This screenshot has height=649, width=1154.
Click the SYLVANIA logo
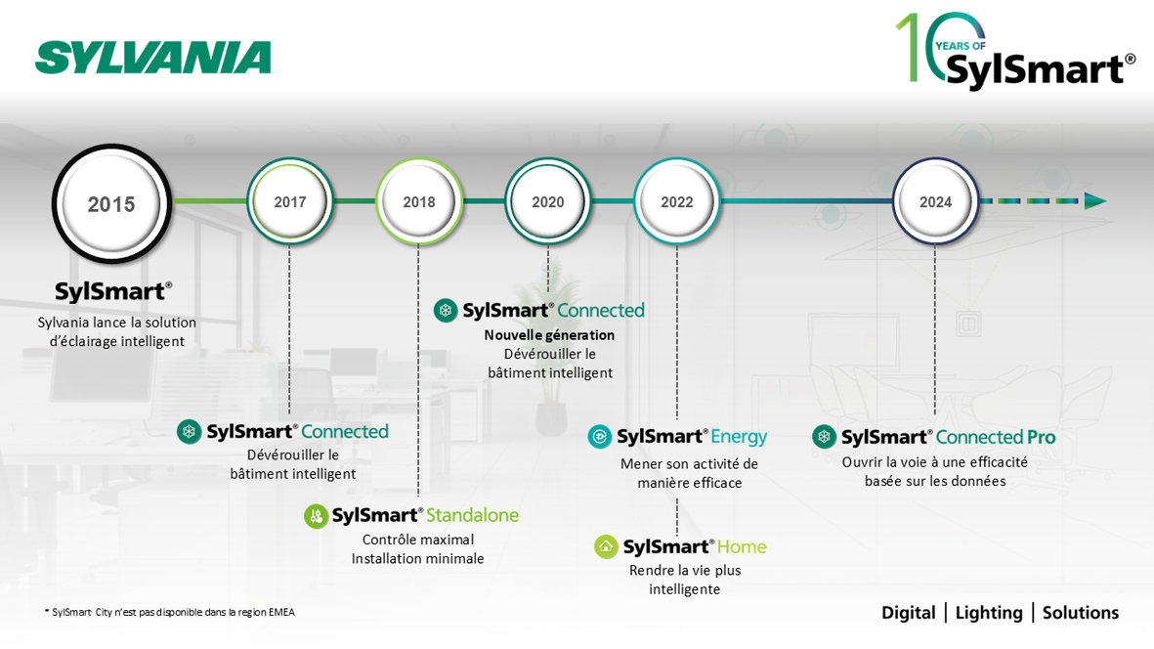click(x=153, y=58)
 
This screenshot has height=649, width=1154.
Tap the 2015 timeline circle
click(x=111, y=203)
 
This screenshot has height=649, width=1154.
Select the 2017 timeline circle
click(x=289, y=201)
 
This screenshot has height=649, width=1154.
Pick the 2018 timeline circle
click(x=418, y=201)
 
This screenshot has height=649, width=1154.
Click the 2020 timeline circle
click(x=547, y=201)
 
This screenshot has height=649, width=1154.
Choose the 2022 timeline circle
click(x=676, y=201)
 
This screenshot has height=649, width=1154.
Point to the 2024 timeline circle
click(x=935, y=201)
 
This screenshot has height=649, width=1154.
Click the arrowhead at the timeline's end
click(x=1094, y=201)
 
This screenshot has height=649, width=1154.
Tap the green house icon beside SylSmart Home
click(x=606, y=546)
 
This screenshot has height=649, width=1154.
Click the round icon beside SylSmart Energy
click(x=599, y=437)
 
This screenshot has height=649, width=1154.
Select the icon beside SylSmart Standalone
click(x=316, y=516)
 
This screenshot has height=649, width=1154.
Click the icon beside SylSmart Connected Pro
click(x=824, y=437)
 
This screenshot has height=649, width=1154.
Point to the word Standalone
click(x=473, y=515)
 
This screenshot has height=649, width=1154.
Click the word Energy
click(x=739, y=437)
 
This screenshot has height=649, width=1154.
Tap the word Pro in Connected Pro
click(x=1041, y=437)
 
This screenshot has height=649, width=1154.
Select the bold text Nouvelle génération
click(x=549, y=334)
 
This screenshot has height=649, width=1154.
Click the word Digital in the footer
click(x=908, y=613)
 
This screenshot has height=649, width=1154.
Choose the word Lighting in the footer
click(x=989, y=613)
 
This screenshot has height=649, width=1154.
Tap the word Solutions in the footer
click(x=1080, y=613)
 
